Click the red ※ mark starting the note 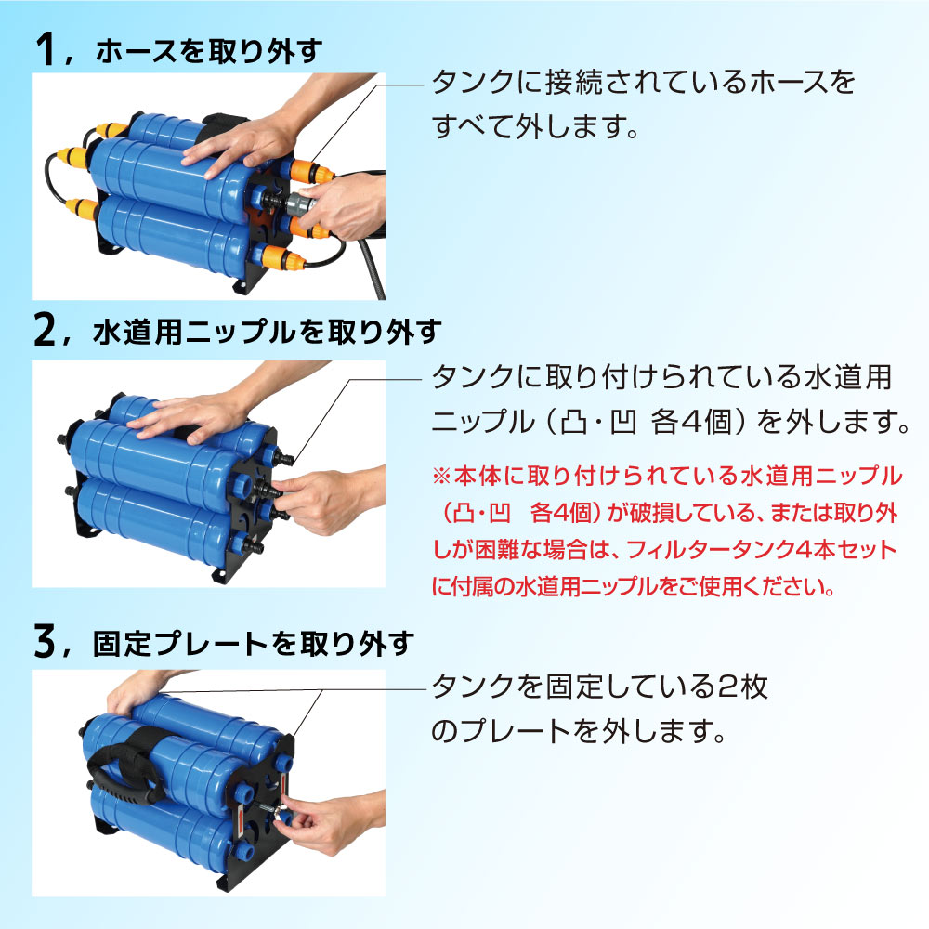(440, 477)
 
